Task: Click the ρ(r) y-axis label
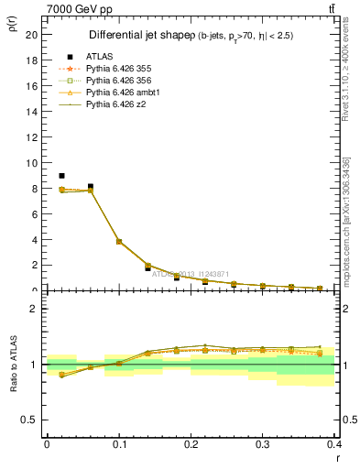pyautogui.click(x=12, y=25)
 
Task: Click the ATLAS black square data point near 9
pyautogui.click(x=61, y=176)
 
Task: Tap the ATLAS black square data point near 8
pyautogui.click(x=90, y=187)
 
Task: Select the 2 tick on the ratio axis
pyautogui.click(x=34, y=309)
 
